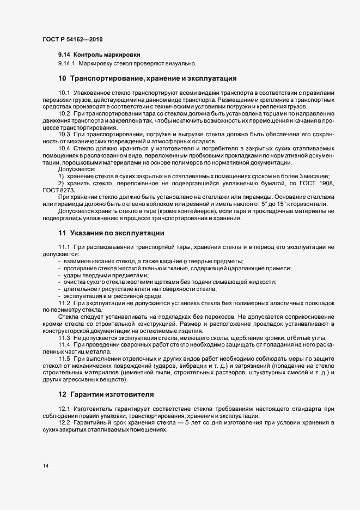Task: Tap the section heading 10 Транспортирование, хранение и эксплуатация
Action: pyautogui.click(x=147, y=77)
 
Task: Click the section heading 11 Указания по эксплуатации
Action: pyautogui.click(x=111, y=233)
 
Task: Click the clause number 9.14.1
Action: pyautogui.click(x=68, y=64)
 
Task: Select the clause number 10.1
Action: pyautogui.click(x=64, y=93)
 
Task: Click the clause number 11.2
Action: pyautogui.click(x=64, y=302)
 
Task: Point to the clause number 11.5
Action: pyautogui.click(x=64, y=359)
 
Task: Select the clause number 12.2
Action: pyautogui.click(x=64, y=423)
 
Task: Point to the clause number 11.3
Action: pyautogui.click(x=64, y=338)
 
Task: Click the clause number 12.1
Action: pyautogui.click(x=64, y=409)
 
